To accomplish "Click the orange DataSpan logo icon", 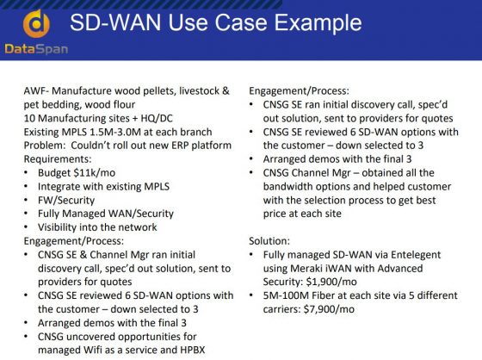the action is click(x=36, y=24).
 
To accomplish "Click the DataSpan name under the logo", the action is click(x=36, y=49).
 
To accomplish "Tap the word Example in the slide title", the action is click(x=318, y=23).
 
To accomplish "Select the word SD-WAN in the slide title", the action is click(x=115, y=22).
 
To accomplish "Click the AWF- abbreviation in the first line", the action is click(x=36, y=91).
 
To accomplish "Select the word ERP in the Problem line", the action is click(x=179, y=146).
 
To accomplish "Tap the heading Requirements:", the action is click(x=58, y=159).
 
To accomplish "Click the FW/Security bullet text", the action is click(x=66, y=201).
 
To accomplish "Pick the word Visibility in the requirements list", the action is click(x=57, y=227).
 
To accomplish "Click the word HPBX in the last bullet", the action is click(x=193, y=351).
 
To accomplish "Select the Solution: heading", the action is click(x=269, y=241).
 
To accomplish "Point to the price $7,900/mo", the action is click(x=329, y=309).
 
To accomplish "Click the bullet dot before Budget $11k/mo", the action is click(x=26, y=173).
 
